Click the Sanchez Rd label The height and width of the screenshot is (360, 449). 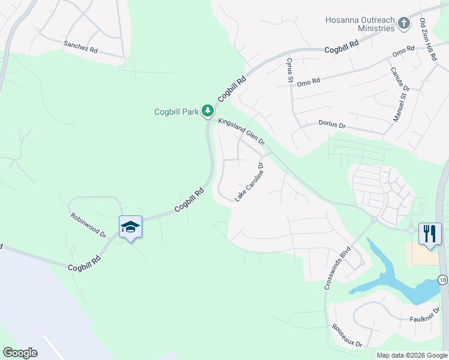[80, 47]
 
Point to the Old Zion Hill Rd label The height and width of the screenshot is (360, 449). [427, 40]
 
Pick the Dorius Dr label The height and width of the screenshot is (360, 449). [331, 125]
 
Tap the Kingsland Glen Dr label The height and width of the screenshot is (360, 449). [242, 131]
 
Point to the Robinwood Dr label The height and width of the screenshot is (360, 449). [88, 226]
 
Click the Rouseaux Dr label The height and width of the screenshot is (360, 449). [348, 336]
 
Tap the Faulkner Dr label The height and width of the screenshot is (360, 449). [426, 319]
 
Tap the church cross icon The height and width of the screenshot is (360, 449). [404, 24]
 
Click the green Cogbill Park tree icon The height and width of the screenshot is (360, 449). [208, 111]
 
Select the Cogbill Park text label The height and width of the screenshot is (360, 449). [176, 111]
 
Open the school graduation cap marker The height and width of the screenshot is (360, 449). [130, 227]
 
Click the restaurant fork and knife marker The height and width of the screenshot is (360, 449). [430, 233]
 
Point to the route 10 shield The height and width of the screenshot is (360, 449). [442, 280]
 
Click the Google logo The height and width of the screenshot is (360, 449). [20, 353]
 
